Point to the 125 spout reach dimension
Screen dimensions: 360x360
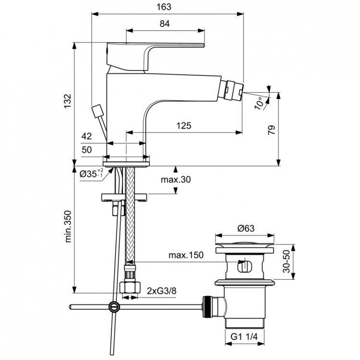click(x=183, y=126)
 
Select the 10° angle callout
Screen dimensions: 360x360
click(x=259, y=102)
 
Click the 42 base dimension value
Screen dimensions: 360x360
click(x=86, y=136)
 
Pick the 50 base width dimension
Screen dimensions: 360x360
click(x=86, y=150)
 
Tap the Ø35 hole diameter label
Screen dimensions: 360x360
click(x=91, y=173)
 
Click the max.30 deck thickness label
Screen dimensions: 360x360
click(x=175, y=180)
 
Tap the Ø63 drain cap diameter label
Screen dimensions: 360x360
click(x=246, y=228)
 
